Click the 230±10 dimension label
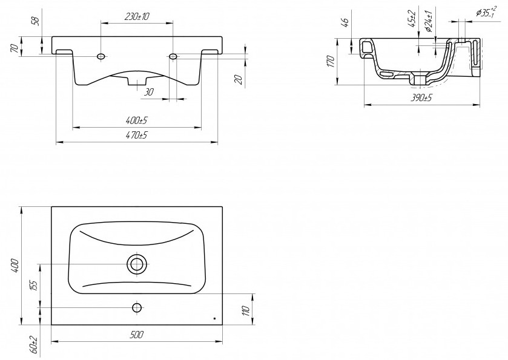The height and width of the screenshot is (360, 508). tap(136, 16)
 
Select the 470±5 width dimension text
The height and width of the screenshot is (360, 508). tap(136, 135)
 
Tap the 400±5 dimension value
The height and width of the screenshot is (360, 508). tap(136, 121)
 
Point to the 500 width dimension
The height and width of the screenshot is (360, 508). tap(136, 335)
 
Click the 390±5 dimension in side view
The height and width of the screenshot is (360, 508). tap(421, 98)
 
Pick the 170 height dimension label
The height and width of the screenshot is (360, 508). tap(330, 61)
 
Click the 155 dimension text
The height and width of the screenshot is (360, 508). tap(35, 285)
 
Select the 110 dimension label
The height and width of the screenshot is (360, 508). tap(246, 310)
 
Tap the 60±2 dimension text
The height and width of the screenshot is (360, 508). tap(35, 345)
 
